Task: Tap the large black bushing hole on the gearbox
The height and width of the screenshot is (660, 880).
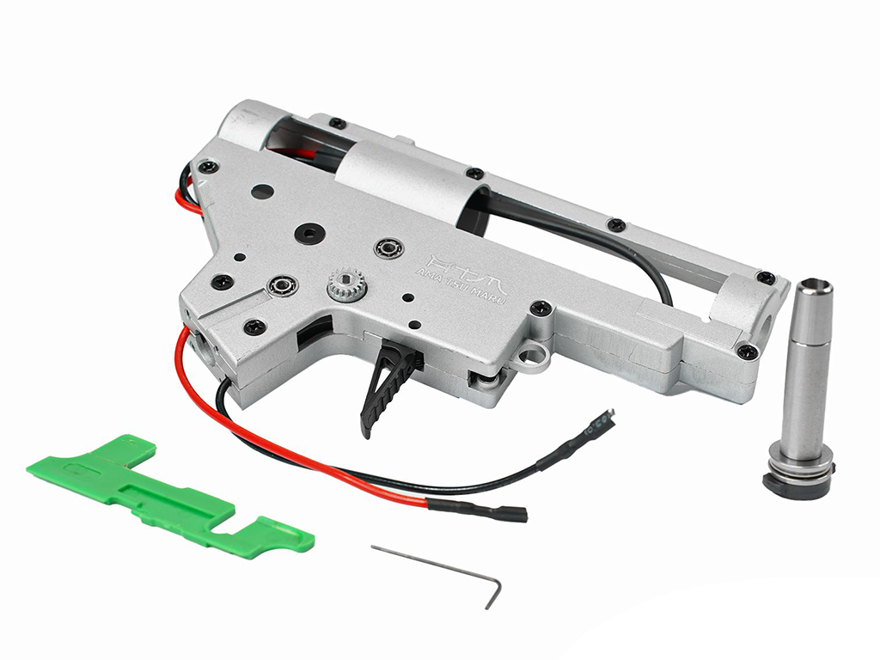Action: coord(307,232)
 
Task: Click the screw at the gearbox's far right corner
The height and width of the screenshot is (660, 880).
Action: coord(747,351)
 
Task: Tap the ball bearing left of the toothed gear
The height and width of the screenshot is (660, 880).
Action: coord(281,284)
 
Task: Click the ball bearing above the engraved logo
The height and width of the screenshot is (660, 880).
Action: coord(389,250)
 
